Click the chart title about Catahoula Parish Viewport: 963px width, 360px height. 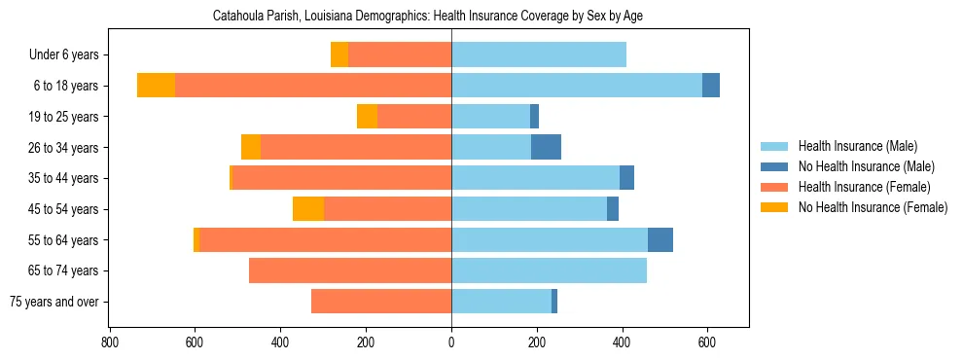pyautogui.click(x=427, y=17)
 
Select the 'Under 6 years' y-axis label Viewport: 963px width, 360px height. pyautogui.click(x=63, y=54)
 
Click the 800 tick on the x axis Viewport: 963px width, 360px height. pyautogui.click(x=109, y=342)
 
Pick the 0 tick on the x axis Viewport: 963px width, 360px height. pyautogui.click(x=451, y=342)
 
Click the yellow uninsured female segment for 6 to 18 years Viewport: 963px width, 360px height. pyautogui.click(x=156, y=86)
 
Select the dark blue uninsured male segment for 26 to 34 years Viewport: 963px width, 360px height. pyautogui.click(x=546, y=147)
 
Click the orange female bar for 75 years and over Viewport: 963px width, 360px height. pyautogui.click(x=381, y=302)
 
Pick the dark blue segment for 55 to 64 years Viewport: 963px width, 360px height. pyautogui.click(x=660, y=239)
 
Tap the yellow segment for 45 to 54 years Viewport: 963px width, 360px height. pyautogui.click(x=308, y=209)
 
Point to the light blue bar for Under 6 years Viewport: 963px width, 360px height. pyautogui.click(x=539, y=54)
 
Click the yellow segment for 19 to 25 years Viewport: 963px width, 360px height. pyautogui.click(x=367, y=117)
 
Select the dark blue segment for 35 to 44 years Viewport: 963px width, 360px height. pyautogui.click(x=626, y=178)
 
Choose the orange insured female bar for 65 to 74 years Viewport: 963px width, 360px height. pyautogui.click(x=350, y=270)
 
